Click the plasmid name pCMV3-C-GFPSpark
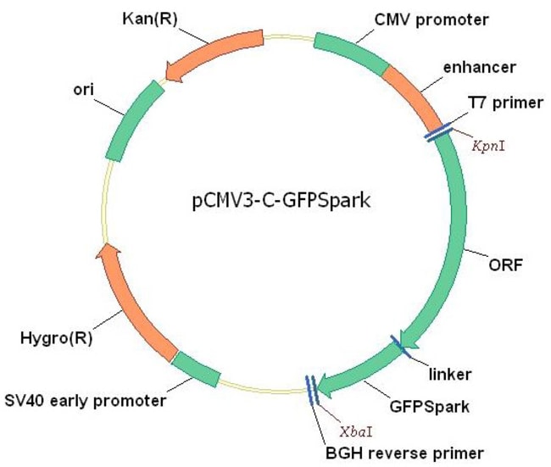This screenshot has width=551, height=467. click(x=279, y=203)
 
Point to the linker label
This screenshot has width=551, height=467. click(x=452, y=373)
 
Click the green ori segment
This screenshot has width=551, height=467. click(x=132, y=120)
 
